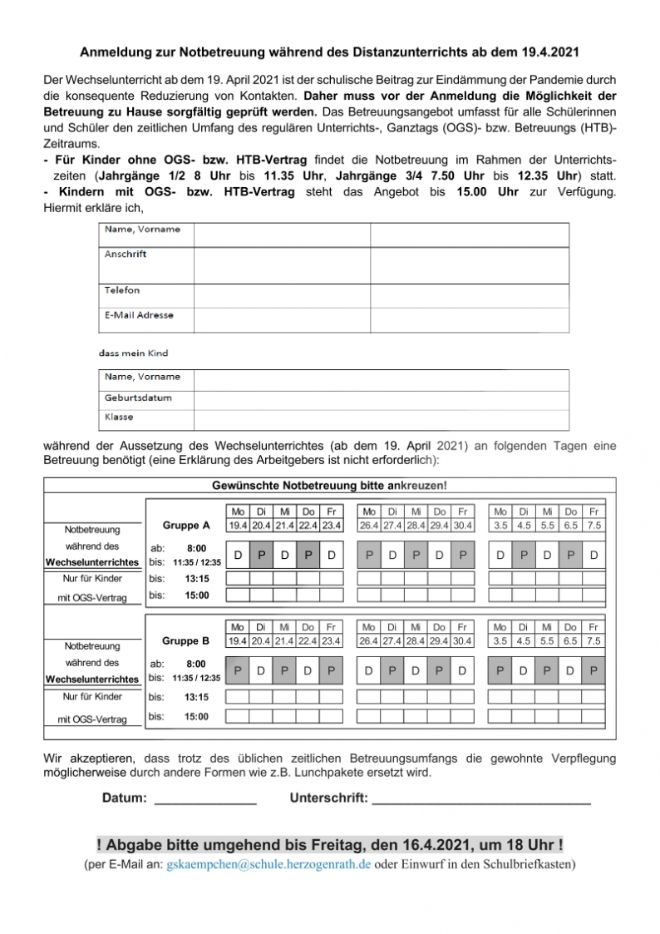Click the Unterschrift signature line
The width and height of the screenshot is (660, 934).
click(481, 802)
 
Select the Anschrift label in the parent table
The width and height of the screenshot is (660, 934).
click(126, 255)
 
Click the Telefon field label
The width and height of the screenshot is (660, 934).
click(122, 290)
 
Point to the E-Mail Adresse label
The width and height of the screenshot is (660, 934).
click(139, 315)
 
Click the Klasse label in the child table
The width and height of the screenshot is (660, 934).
click(119, 417)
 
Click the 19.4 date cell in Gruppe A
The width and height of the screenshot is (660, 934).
click(238, 526)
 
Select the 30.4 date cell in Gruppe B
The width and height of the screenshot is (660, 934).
click(462, 641)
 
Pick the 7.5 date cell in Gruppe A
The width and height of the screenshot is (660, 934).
click(594, 526)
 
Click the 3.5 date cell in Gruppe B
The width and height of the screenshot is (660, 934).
click(500, 641)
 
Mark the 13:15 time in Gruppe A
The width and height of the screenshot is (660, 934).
click(196, 578)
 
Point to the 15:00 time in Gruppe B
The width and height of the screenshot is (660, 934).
click(196, 716)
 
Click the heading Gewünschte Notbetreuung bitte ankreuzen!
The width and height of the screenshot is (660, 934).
click(329, 485)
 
